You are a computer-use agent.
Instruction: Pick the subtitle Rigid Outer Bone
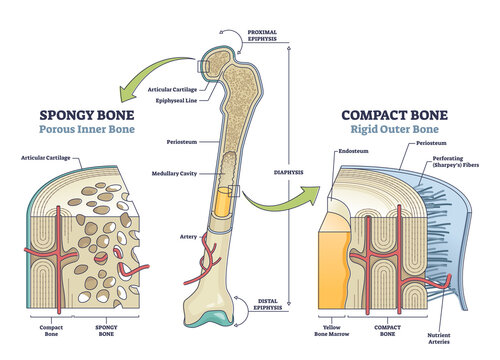point(390,130)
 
